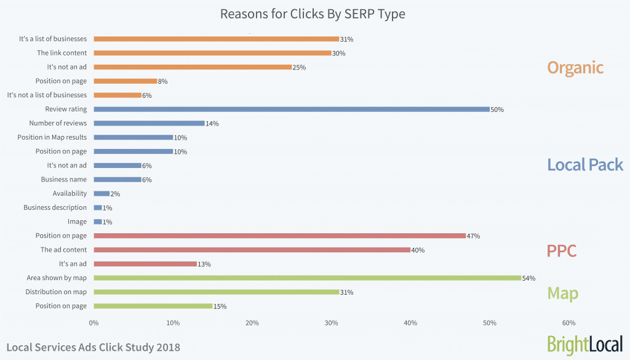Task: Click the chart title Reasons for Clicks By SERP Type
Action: pyautogui.click(x=313, y=14)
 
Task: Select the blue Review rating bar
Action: pyautogui.click(x=292, y=109)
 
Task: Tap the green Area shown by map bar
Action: pyautogui.click(x=308, y=278)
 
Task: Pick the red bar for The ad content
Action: pyautogui.click(x=252, y=250)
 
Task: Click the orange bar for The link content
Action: pyautogui.click(x=212, y=53)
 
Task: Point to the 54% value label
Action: pyautogui.click(x=528, y=278)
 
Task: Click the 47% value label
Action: pyautogui.click(x=473, y=236)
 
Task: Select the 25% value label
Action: pyautogui.click(x=299, y=67)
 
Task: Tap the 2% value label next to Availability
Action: pyautogui.click(x=115, y=194)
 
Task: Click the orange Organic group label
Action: pyautogui.click(x=575, y=67)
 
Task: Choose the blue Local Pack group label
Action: pyautogui.click(x=585, y=165)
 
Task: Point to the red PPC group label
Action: pyautogui.click(x=561, y=251)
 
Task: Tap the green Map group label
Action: pyautogui.click(x=562, y=293)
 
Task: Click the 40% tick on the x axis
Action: pyautogui.click(x=410, y=322)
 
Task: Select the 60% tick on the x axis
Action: pyautogui.click(x=568, y=322)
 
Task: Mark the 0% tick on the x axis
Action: pyautogui.click(x=94, y=322)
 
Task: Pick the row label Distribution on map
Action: pyautogui.click(x=56, y=292)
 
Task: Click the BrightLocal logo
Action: pyautogui.click(x=584, y=344)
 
